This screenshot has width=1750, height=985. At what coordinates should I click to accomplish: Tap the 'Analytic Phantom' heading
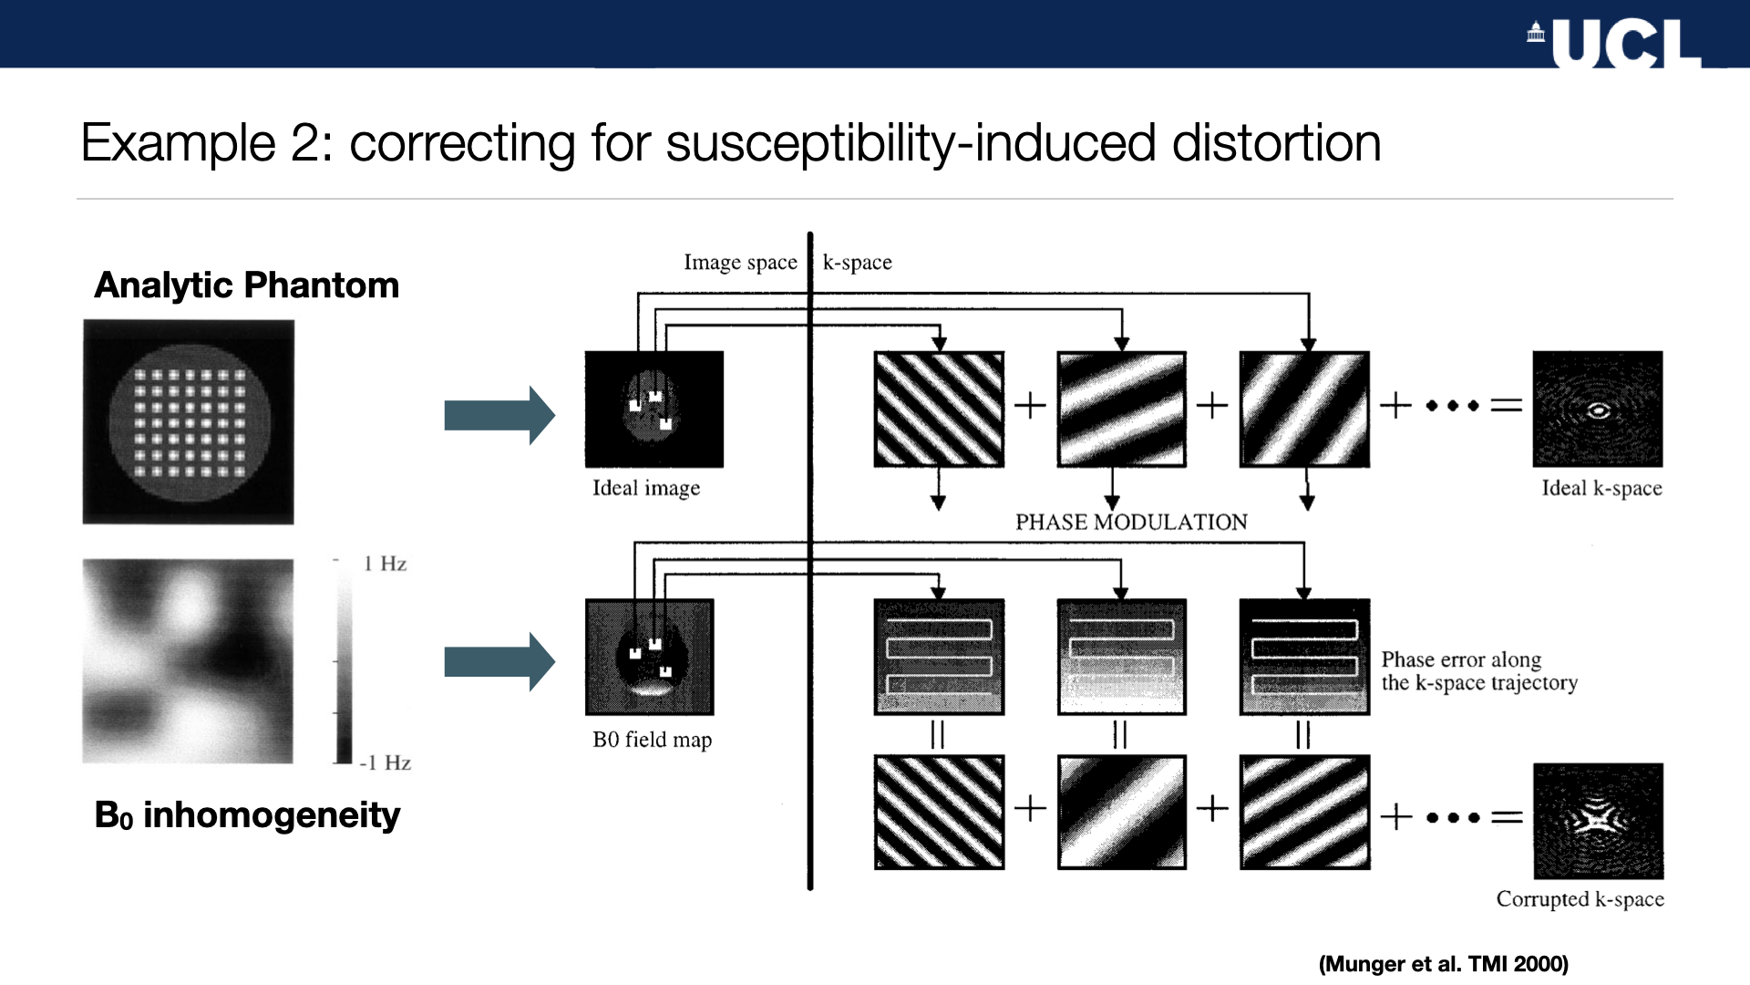[247, 285]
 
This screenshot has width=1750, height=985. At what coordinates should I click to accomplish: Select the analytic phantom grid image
[189, 421]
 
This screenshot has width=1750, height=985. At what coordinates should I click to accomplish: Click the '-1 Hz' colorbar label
[385, 762]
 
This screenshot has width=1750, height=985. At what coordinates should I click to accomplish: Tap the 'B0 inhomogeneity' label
[247, 814]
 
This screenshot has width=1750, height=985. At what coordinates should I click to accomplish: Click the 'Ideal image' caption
[646, 488]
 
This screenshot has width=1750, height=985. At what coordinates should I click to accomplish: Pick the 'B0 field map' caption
[652, 740]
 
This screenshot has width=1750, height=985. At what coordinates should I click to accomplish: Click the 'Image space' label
[740, 263]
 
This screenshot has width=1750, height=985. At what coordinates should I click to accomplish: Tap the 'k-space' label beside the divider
[857, 263]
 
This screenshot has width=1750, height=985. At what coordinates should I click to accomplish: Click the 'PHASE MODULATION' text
[1131, 522]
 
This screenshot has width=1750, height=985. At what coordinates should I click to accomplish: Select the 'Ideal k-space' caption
[1601, 488]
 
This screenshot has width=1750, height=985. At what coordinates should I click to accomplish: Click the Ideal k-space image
[1598, 410]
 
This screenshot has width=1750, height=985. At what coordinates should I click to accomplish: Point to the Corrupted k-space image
[1598, 821]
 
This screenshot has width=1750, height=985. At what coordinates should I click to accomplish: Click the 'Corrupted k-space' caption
[1580, 899]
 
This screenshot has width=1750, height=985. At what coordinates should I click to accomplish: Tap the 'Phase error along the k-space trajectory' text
[1478, 671]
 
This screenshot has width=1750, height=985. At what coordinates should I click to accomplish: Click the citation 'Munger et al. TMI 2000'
[1443, 964]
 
